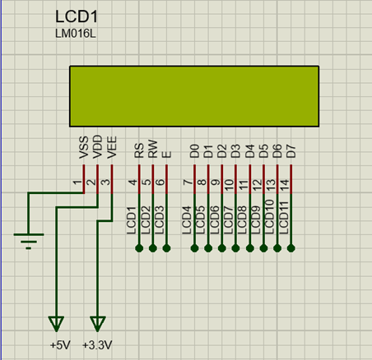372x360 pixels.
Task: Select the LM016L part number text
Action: (74, 35)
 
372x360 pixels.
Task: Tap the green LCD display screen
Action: (194, 95)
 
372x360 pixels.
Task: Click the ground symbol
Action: (29, 240)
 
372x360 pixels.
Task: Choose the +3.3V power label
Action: (97, 344)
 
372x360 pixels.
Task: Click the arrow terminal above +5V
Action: (56, 321)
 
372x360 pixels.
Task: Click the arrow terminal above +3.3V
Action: (98, 321)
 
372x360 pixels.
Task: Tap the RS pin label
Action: (139, 150)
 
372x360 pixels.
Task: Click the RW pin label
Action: (153, 150)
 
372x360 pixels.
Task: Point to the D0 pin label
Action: (194, 150)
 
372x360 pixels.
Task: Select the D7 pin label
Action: (291, 150)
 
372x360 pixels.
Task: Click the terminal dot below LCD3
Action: (167, 247)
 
